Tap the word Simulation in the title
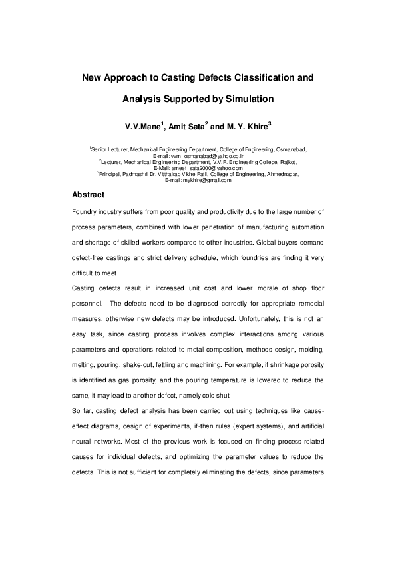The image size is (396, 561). [x=248, y=99]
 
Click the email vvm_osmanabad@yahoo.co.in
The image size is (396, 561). [x=208, y=156]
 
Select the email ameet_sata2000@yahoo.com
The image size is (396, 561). [x=208, y=169]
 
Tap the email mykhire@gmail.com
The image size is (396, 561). [x=208, y=181]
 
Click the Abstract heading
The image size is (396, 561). [x=88, y=195]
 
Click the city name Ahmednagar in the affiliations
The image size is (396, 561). [x=281, y=175]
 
